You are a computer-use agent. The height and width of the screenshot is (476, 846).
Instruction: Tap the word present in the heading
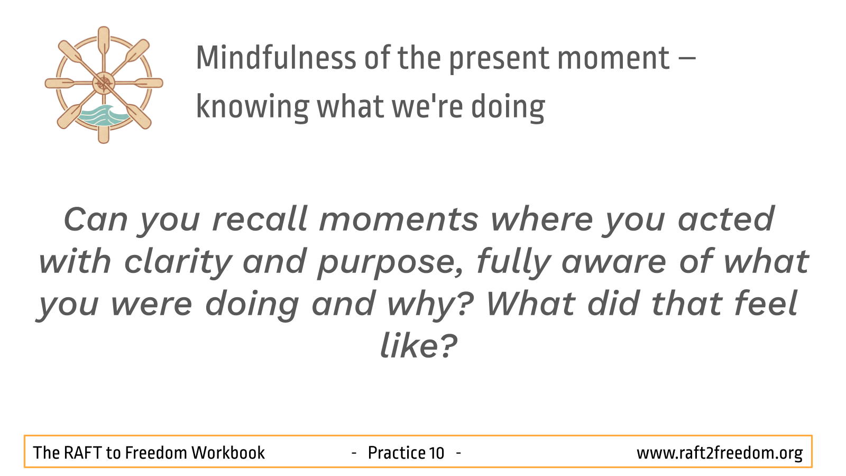pos(499,60)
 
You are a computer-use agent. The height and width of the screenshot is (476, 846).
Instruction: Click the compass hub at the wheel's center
pos(104,83)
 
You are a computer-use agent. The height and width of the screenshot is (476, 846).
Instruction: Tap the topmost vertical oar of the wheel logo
pos(104,42)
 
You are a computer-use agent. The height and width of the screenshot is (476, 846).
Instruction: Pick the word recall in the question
pos(260,219)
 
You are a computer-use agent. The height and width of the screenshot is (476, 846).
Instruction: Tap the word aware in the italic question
pos(614,262)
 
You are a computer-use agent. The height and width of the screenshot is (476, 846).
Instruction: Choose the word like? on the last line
pos(419,346)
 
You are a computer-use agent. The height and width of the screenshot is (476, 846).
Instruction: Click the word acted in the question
pos(727,219)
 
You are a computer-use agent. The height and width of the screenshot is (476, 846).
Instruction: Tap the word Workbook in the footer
pos(228,453)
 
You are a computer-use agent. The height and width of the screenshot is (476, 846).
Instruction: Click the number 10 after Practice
pos(436,453)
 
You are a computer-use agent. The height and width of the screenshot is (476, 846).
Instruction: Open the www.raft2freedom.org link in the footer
pos(720,453)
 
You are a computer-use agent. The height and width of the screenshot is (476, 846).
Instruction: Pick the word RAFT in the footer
pos(82,453)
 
